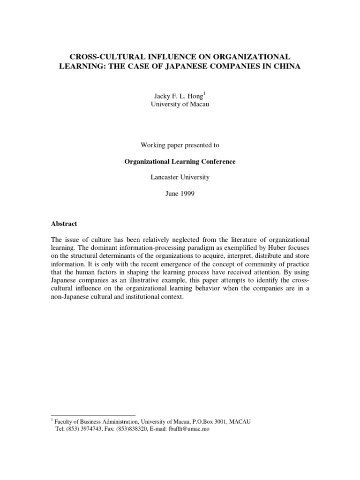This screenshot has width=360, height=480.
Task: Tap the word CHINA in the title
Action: click(x=283, y=67)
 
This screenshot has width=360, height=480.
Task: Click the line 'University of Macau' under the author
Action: click(x=180, y=104)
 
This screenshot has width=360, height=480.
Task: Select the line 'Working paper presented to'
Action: click(x=180, y=145)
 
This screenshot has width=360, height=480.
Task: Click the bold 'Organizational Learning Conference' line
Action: click(x=180, y=162)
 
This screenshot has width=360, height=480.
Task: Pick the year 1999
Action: click(x=186, y=194)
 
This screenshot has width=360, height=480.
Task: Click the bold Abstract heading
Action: click(x=64, y=224)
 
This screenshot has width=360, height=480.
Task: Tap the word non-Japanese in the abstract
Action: click(x=70, y=298)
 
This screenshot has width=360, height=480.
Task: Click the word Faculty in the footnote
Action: click(x=65, y=421)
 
